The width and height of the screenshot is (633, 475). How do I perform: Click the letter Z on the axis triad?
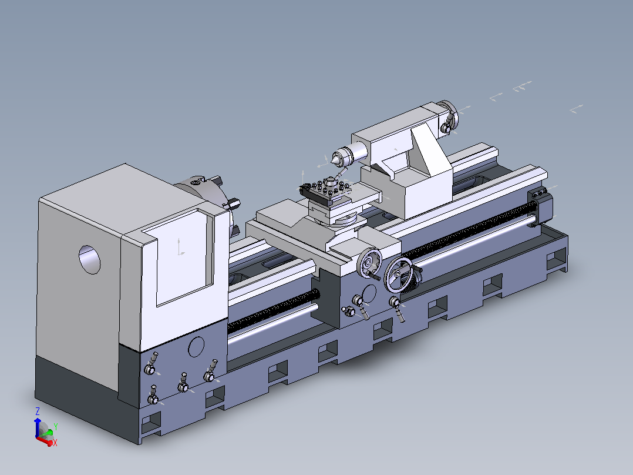tap(38, 412)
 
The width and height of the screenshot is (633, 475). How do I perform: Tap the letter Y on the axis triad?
tap(56, 426)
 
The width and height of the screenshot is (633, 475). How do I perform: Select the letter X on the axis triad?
tap(55, 443)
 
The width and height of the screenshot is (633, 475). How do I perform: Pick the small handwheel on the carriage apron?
tap(368, 262)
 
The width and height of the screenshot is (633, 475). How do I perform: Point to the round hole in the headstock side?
tap(90, 259)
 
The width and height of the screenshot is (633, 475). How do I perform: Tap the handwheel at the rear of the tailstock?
tap(448, 116)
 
